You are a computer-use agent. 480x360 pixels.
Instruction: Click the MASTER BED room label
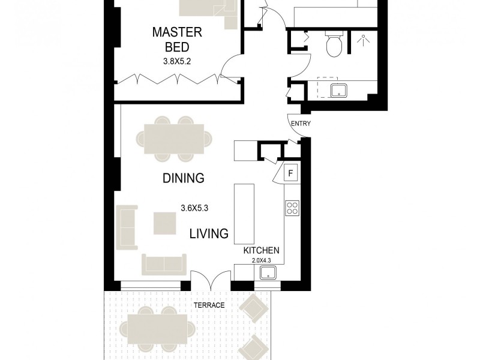tap(176, 39)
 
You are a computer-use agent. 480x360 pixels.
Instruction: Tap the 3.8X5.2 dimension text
tap(176, 61)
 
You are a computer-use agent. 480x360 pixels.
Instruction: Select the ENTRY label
tap(300, 124)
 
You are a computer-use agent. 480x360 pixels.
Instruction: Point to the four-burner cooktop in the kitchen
tap(292, 208)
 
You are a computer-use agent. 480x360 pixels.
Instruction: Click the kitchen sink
tap(269, 273)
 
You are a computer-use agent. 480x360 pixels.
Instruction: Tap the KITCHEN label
tap(261, 250)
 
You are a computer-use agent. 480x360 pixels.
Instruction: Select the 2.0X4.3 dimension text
tap(261, 260)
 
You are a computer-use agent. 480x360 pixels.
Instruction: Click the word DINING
tap(184, 178)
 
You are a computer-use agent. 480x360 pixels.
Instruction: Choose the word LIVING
tap(209, 233)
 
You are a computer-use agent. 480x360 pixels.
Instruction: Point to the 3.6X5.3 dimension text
tap(194, 209)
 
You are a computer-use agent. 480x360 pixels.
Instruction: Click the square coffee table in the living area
tap(164, 223)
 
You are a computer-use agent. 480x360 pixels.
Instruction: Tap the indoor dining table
tap(174, 139)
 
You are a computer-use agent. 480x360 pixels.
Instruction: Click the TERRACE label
tap(209, 305)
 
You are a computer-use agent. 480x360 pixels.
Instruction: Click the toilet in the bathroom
tap(333, 43)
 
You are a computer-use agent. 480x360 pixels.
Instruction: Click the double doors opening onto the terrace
tap(211, 279)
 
